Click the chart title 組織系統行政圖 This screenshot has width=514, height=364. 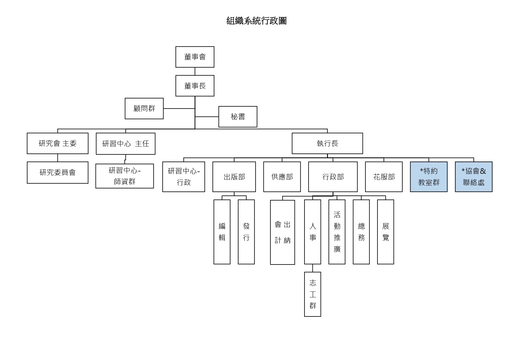(x=256, y=21)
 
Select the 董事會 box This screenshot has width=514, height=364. (x=195, y=57)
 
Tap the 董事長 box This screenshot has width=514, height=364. (x=195, y=86)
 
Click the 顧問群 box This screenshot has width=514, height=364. (x=144, y=109)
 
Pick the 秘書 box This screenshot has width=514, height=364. (x=238, y=117)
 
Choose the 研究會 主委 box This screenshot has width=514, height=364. (x=58, y=144)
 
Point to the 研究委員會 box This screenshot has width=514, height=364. (x=58, y=173)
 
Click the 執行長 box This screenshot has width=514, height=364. (x=327, y=144)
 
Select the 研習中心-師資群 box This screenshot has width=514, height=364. (x=125, y=176)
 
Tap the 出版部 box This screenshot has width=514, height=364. (x=234, y=177)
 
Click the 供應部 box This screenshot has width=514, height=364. (x=282, y=177)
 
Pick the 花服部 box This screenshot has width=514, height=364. (x=384, y=177)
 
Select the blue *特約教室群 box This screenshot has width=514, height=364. (x=429, y=177)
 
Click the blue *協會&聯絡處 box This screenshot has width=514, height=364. (x=474, y=177)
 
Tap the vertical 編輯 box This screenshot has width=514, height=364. (x=222, y=232)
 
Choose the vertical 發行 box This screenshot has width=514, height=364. (x=246, y=232)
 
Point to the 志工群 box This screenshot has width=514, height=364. (x=313, y=294)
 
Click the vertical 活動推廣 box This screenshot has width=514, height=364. (x=337, y=232)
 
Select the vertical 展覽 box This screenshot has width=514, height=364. (x=386, y=232)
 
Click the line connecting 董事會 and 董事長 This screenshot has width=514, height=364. (x=195, y=71)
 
